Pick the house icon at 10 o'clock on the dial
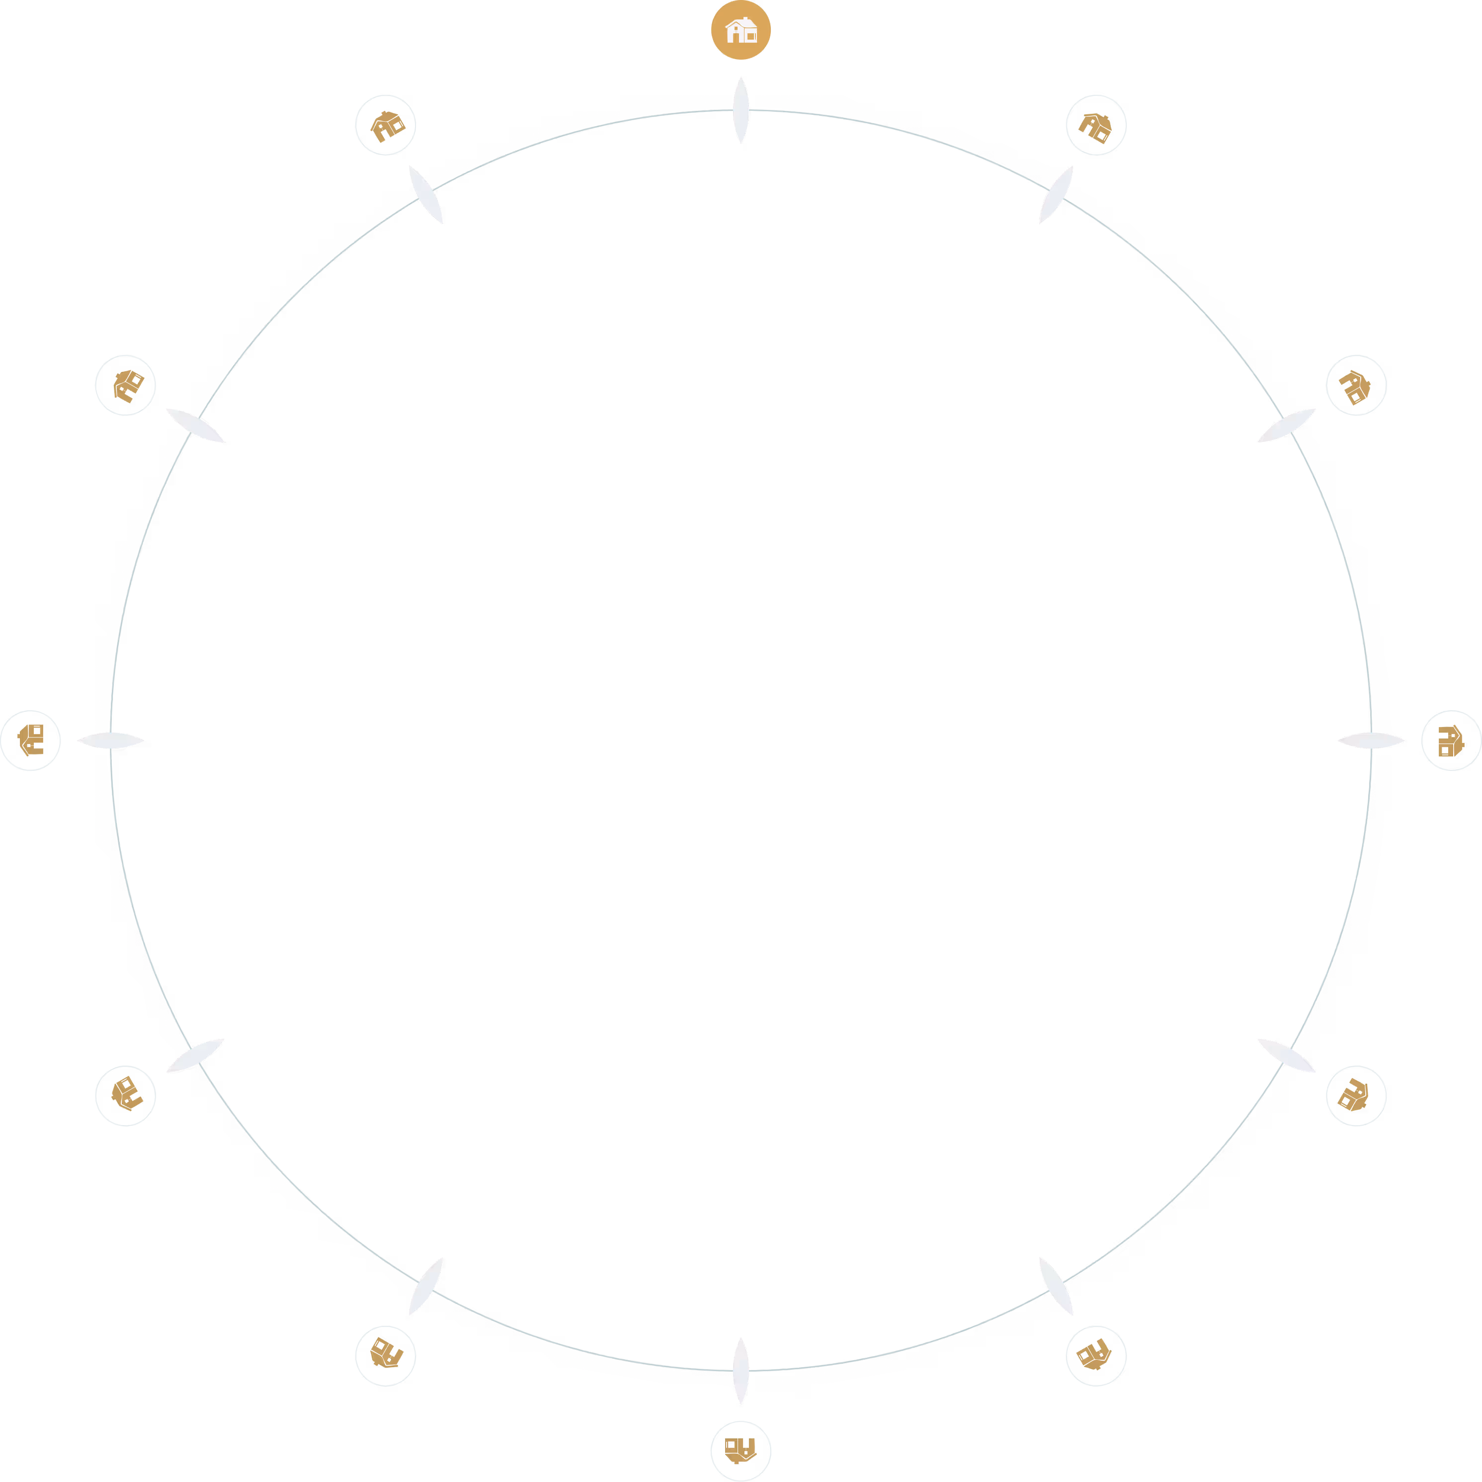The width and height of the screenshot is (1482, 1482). tap(125, 385)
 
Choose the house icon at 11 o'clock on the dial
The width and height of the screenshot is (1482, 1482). tap(385, 125)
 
